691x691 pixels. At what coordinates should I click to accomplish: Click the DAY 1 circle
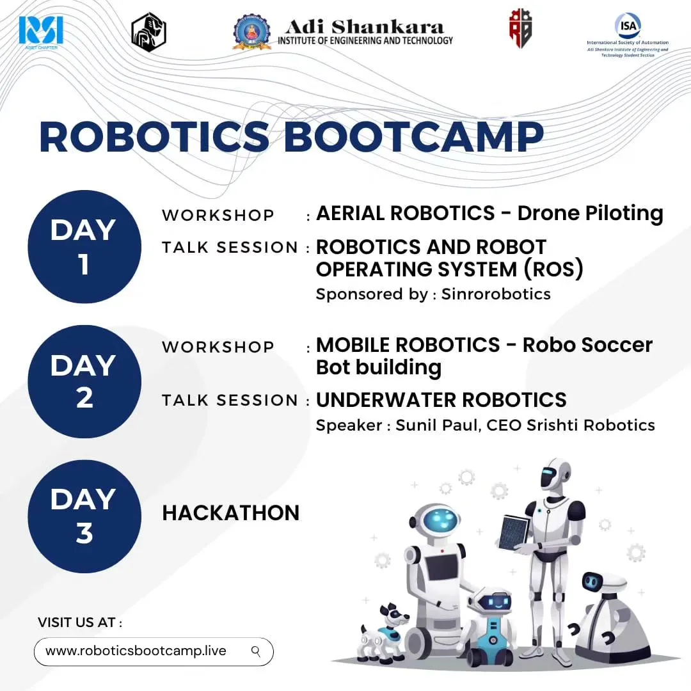84,246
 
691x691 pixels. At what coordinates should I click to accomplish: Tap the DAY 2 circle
84,381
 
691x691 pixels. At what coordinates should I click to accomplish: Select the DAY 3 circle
84,516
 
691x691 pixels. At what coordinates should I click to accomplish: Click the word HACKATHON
230,512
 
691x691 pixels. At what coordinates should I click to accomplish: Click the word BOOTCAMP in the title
413,136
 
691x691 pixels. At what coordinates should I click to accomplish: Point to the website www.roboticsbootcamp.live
136,651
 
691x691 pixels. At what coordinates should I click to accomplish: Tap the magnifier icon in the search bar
256,651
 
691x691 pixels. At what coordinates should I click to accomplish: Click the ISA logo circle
627,26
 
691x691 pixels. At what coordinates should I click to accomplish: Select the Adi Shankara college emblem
251,32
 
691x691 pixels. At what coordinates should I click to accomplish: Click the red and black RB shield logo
520,29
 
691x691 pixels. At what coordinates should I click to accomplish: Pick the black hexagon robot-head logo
148,32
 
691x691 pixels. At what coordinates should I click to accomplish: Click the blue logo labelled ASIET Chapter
41,31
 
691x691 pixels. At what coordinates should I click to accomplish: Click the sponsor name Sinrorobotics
496,294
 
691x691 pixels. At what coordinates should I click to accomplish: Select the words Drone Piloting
590,213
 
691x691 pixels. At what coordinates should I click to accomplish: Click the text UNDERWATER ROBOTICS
441,400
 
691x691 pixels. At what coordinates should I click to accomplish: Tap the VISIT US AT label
79,622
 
